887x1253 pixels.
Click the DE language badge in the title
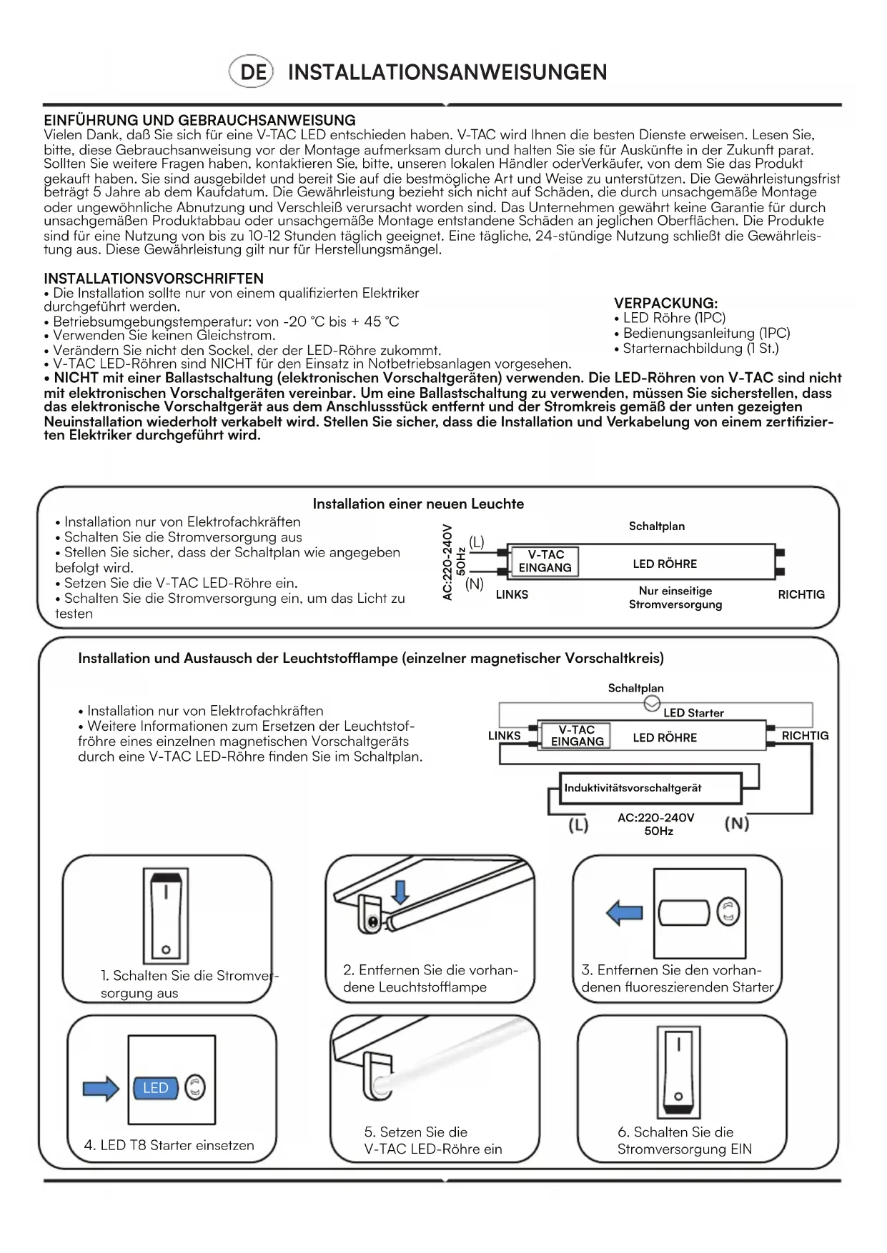pos(252,72)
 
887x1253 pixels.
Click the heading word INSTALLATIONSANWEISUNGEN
pos(447,72)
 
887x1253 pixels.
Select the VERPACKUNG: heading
pos(665,303)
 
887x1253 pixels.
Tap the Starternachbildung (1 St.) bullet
pos(700,349)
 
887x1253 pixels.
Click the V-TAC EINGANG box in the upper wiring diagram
pos(545,561)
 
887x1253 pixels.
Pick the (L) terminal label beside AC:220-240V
pos(476,542)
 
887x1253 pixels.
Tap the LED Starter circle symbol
pos(652,705)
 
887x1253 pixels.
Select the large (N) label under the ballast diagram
pos(737,824)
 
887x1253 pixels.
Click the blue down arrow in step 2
pos(400,891)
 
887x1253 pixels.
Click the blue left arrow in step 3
pos(624,912)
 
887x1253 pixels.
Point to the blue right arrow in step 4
pos(101,1088)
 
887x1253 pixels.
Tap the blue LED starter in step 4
pos(156,1088)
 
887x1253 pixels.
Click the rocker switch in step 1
pos(166,916)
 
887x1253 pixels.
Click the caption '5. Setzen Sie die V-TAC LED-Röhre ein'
pos(433,1140)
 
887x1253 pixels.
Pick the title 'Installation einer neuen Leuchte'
pos(418,504)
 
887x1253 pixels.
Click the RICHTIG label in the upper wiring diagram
pos(801,594)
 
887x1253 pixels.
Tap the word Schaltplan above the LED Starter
pos(635,688)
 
